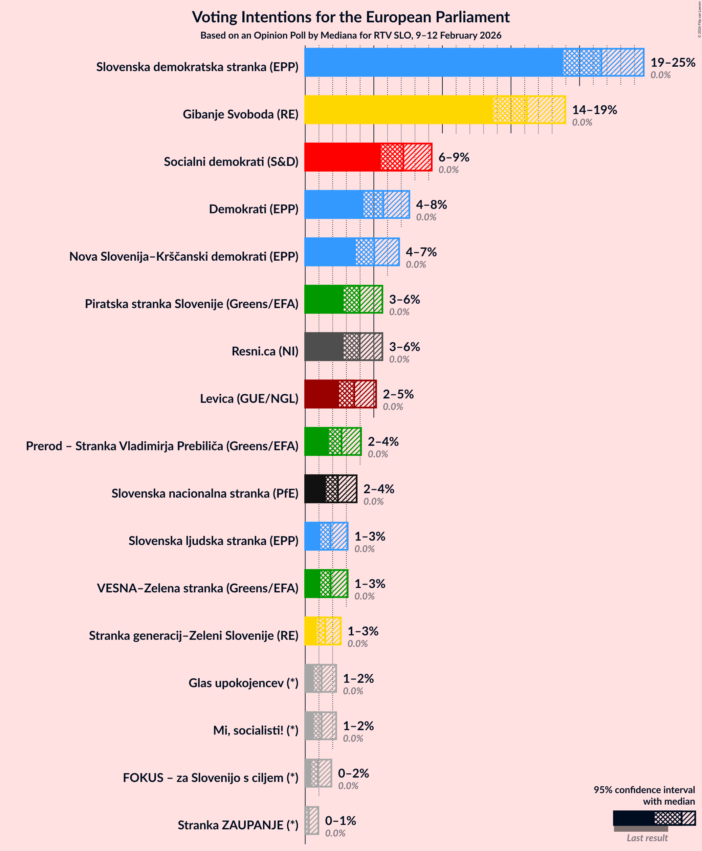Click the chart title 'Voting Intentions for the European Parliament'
point(351,17)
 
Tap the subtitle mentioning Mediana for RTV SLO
point(351,36)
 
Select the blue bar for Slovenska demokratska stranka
point(433,62)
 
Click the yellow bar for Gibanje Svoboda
point(398,110)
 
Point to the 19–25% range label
point(673,62)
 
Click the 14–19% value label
point(594,110)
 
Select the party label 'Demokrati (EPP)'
point(254,209)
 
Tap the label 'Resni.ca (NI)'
point(265,351)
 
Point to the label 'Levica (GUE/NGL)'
point(249,398)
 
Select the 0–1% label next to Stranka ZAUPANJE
point(340,820)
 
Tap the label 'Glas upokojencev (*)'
point(243,683)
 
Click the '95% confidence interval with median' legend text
point(644,795)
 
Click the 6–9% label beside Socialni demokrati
point(453,157)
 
